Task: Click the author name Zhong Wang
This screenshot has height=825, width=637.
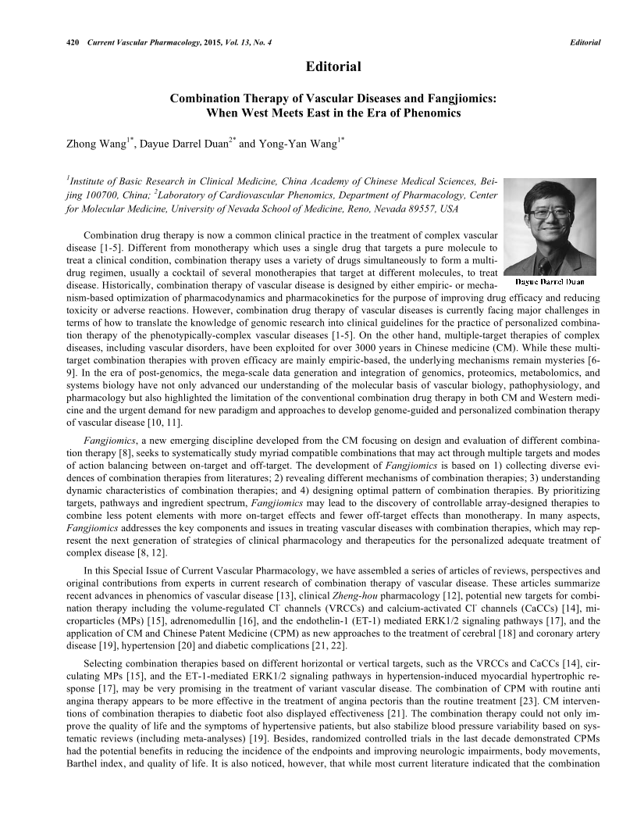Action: [x=98, y=144]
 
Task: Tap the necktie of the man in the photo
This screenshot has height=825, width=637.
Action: [x=549, y=257]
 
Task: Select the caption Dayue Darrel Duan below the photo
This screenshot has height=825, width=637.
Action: [x=550, y=281]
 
